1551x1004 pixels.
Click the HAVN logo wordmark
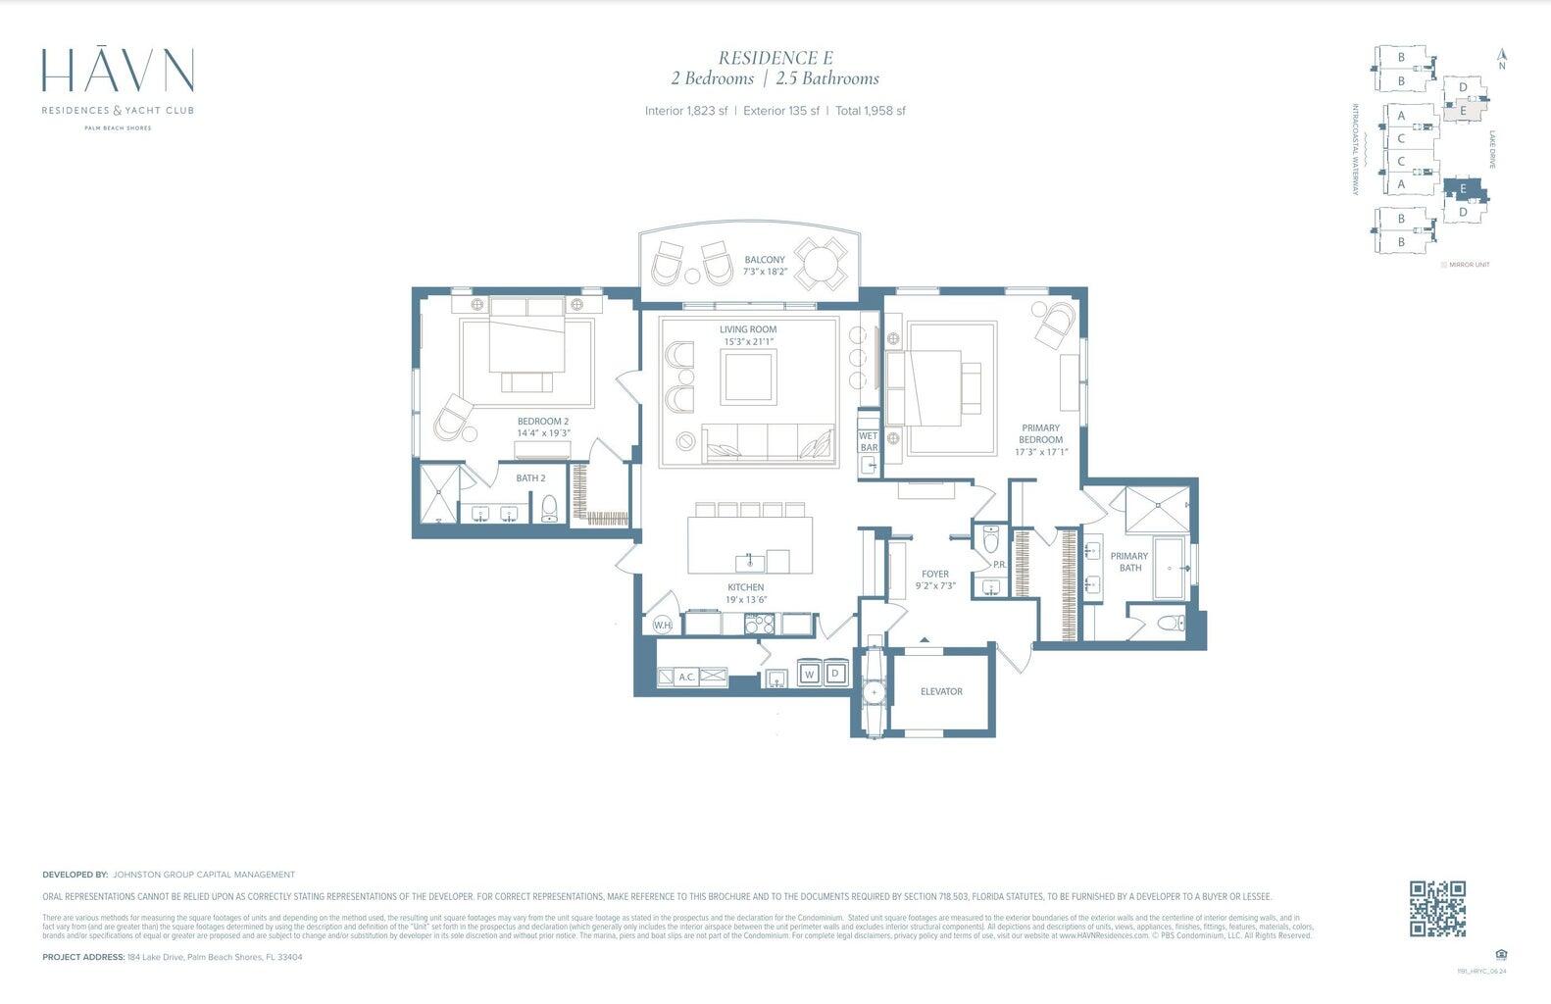click(x=118, y=73)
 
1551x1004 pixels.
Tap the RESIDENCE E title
click(x=775, y=58)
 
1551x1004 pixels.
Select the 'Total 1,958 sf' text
click(x=870, y=111)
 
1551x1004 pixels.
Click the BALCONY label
click(x=764, y=260)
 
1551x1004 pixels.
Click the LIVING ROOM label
click(x=747, y=330)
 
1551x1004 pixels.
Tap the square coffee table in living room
click(x=748, y=377)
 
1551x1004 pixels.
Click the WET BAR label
click(x=869, y=441)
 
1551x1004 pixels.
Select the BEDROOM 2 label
click(x=542, y=422)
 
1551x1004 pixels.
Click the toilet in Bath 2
click(x=549, y=508)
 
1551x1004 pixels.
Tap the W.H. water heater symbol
click(x=663, y=626)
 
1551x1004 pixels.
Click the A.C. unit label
click(x=687, y=677)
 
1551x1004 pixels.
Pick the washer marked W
click(x=810, y=674)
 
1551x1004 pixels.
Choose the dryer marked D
click(x=835, y=674)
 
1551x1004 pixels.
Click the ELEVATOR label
click(x=940, y=692)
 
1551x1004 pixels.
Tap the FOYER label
click(x=934, y=575)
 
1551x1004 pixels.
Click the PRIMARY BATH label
click(x=1129, y=562)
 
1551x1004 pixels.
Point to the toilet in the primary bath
click(x=1169, y=623)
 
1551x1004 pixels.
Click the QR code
click(x=1437, y=909)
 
